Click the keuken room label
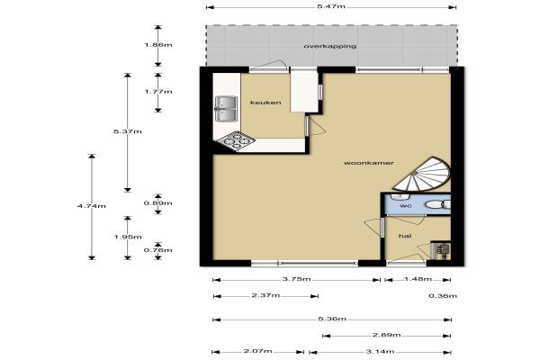(265, 103)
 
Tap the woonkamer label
(368, 163)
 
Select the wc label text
(405, 206)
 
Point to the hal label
(405, 236)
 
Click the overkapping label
(330, 46)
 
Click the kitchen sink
(226, 109)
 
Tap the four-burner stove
(237, 141)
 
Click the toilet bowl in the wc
(437, 205)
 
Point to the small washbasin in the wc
(400, 196)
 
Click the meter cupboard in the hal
(440, 249)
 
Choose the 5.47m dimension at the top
(331, 7)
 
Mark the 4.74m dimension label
(91, 206)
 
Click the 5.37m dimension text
(128, 131)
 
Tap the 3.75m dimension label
(296, 279)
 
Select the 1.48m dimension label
(418, 279)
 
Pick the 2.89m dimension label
(386, 335)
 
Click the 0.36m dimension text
(443, 295)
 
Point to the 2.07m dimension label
(258, 351)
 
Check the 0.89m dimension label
(157, 203)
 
